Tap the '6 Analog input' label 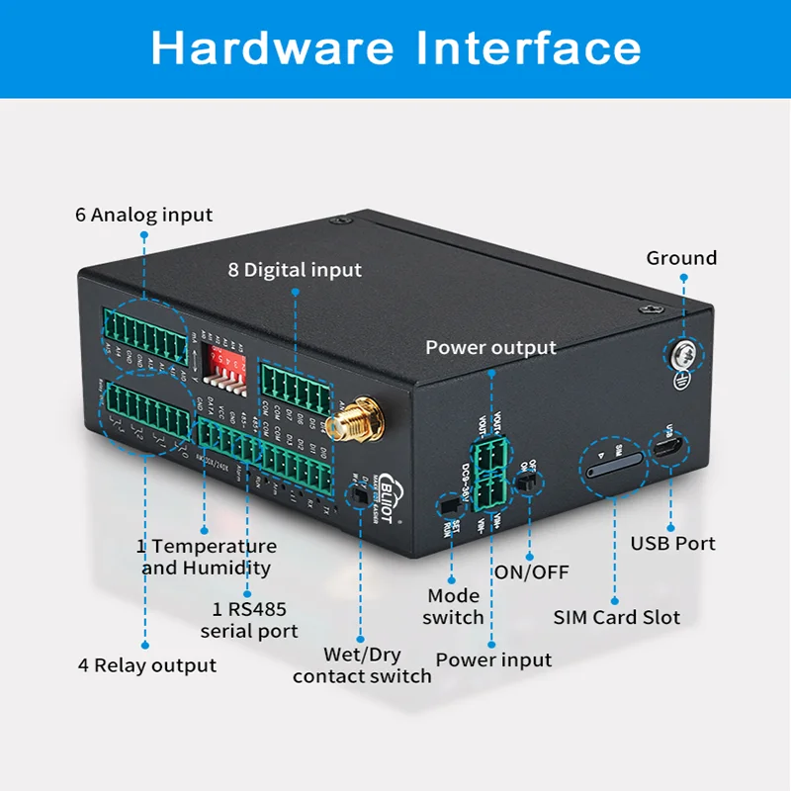click(x=144, y=215)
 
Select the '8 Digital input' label click(x=297, y=269)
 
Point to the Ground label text click(x=681, y=258)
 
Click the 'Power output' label click(x=490, y=348)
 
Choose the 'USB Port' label click(x=672, y=543)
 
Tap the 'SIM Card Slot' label click(x=616, y=617)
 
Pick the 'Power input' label click(x=493, y=659)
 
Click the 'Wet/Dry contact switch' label click(x=362, y=665)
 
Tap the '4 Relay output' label click(x=147, y=665)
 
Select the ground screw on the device click(x=681, y=353)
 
